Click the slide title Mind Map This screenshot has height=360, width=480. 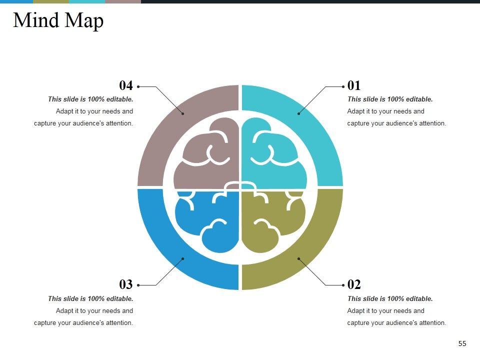[58, 21]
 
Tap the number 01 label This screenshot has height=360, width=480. [354, 85]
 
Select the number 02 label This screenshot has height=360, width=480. [354, 284]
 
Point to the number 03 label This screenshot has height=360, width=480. [126, 284]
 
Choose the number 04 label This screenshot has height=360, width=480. [126, 85]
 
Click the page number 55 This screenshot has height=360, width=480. [462, 343]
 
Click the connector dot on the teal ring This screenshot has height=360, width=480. [298, 113]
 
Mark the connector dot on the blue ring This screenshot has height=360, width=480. [182, 258]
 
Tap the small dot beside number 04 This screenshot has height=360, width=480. [138, 86]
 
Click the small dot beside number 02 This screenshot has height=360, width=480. [343, 285]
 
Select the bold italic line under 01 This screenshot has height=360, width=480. [390, 99]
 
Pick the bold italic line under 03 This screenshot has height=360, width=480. [90, 299]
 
